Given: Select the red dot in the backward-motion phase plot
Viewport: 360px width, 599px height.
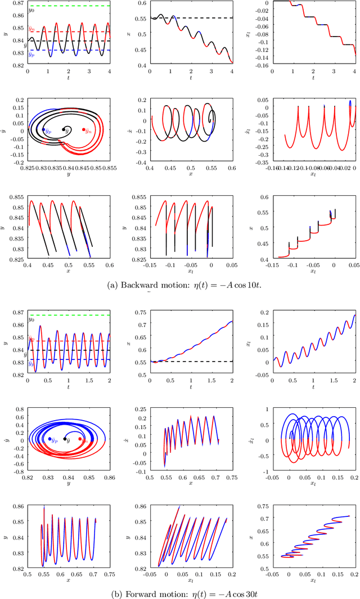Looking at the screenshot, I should [x=84, y=130].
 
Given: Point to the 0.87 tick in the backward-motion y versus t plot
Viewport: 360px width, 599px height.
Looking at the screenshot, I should [x=19, y=3].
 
